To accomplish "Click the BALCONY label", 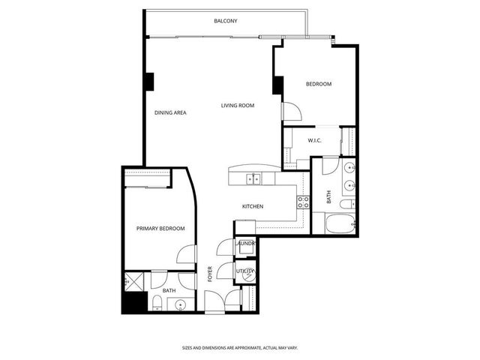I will [x=225, y=21].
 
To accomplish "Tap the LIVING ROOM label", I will [x=237, y=106].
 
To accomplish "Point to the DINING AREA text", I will [x=170, y=112].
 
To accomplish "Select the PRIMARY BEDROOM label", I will [x=160, y=228].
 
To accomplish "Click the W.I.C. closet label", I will [x=315, y=140].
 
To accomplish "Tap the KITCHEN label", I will [x=252, y=206].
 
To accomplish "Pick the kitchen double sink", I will [x=255, y=178].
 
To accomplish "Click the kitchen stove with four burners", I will [x=304, y=201].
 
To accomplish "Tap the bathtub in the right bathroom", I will [x=333, y=224].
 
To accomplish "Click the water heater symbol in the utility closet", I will [x=249, y=274].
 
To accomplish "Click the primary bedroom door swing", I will [x=185, y=255].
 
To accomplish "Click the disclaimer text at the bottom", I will [x=239, y=348].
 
